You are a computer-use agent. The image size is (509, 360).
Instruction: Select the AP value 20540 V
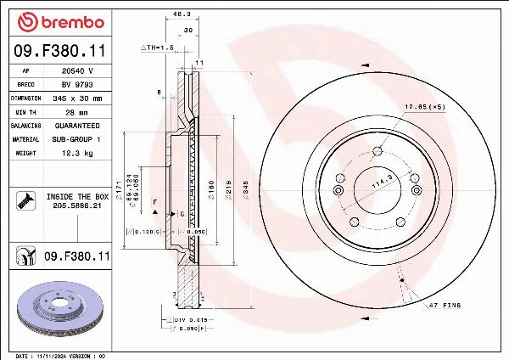[77, 71]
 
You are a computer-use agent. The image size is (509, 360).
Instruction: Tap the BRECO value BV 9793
[77, 85]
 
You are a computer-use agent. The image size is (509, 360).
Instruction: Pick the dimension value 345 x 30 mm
[77, 98]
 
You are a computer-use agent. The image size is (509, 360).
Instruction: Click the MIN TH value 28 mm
[77, 112]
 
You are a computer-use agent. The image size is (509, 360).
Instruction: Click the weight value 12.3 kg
[77, 153]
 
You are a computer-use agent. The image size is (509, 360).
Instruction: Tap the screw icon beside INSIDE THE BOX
[25, 200]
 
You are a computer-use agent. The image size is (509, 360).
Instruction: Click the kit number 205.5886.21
[77, 205]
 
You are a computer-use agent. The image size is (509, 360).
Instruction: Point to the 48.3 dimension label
[181, 14]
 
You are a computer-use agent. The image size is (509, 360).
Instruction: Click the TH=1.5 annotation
[157, 48]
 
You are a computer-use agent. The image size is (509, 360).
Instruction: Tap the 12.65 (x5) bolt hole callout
[424, 106]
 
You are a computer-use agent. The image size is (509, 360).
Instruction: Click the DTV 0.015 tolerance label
[191, 319]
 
